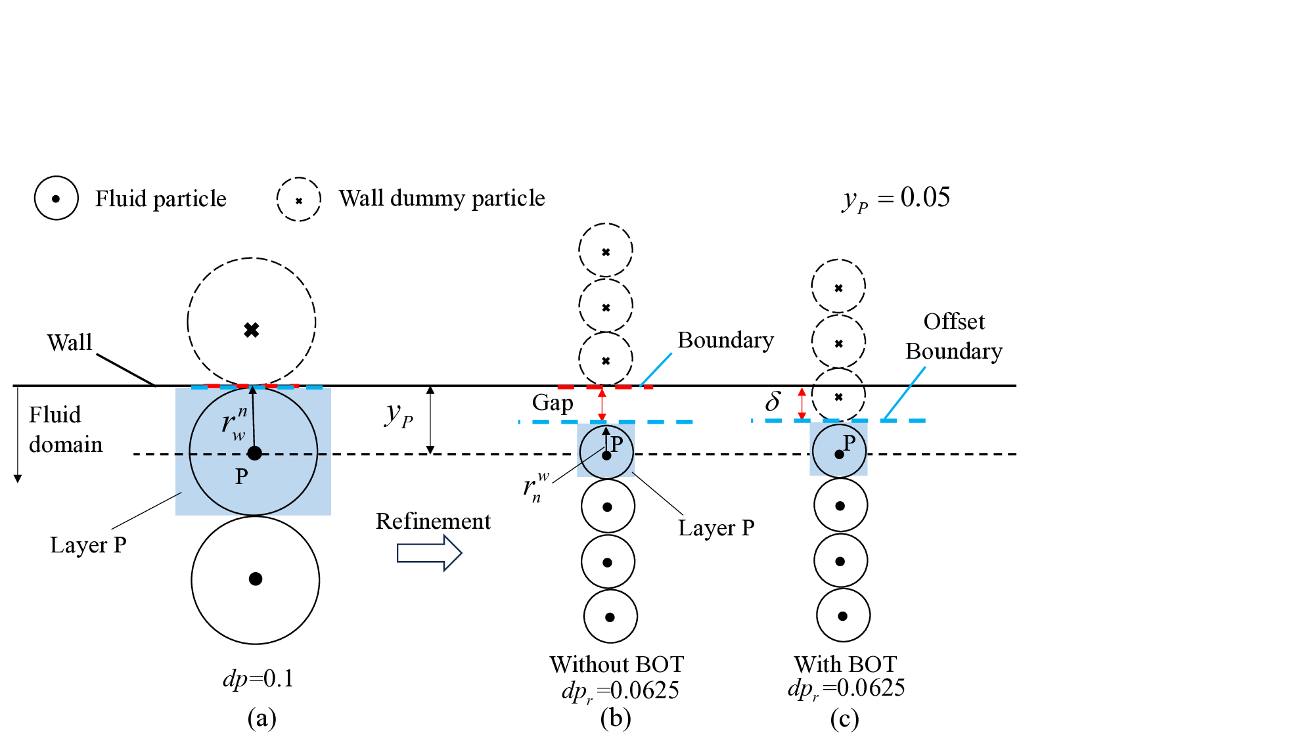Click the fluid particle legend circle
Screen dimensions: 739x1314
57,198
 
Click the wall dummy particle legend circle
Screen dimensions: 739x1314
299,199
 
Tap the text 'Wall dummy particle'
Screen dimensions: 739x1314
442,198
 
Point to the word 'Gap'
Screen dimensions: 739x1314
553,402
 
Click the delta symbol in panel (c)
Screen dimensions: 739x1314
773,401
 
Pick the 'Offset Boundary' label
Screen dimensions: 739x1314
954,336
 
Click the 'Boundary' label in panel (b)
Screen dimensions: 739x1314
725,340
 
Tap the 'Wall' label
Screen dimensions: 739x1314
70,342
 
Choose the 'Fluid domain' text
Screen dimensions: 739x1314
66,430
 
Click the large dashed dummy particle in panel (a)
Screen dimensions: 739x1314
252,322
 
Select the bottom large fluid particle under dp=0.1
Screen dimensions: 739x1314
256,579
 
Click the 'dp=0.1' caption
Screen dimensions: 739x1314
258,678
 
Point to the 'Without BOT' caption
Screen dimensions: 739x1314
616,664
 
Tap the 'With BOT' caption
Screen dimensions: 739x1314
845,664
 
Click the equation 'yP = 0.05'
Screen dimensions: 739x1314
896,198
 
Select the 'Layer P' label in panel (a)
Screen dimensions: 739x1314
88,545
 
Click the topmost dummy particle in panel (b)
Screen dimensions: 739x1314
606,250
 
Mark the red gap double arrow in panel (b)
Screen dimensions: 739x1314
602,404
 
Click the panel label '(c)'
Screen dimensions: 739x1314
844,719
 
